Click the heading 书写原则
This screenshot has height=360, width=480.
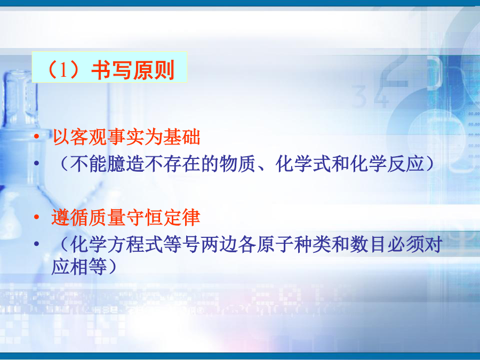pos(133,70)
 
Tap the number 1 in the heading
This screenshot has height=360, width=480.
pos(63,70)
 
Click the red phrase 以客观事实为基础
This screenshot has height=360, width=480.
pos(126,137)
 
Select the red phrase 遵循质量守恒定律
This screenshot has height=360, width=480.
pos(126,218)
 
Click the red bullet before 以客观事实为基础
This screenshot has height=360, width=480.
pos(37,136)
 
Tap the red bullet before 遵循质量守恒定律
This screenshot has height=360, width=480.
pos(37,217)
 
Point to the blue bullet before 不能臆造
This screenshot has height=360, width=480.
pos(37,163)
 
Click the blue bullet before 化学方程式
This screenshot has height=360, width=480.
pos(37,244)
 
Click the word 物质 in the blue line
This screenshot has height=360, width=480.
pos(237,164)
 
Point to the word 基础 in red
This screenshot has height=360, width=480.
pos(182,137)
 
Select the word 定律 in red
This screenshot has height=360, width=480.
pos(182,218)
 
